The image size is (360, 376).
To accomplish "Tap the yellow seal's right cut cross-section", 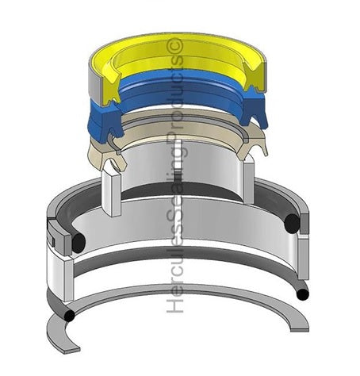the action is [x=254, y=77].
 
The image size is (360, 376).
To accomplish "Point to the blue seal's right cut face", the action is [x=253, y=109].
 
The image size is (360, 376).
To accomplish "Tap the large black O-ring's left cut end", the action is [x=79, y=243].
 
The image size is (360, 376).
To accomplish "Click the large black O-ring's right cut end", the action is [x=292, y=224].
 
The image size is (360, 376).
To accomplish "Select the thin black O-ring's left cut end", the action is [x=69, y=316].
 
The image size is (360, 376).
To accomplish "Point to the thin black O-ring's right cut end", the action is [x=303, y=294].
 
